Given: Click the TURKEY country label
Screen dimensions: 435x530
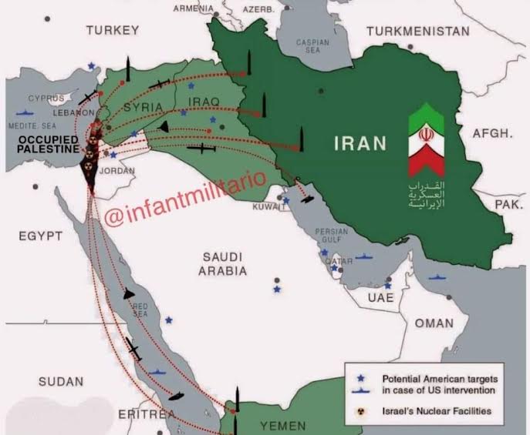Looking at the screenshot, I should (x=113, y=30).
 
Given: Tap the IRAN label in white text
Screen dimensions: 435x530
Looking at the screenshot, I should (x=360, y=142).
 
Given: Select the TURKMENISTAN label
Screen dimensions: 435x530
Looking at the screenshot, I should (x=418, y=32).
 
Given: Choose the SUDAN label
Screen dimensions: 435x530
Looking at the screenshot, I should (x=62, y=380).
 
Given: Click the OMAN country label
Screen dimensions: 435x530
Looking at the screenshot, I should (x=434, y=323).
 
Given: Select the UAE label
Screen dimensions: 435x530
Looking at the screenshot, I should (x=380, y=297).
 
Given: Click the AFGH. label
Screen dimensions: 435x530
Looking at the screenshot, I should (x=492, y=133).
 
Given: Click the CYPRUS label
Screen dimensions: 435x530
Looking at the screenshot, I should (x=46, y=99).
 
